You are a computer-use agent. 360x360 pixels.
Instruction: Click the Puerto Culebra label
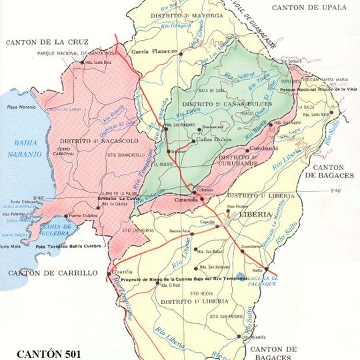[x=85, y=215]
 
